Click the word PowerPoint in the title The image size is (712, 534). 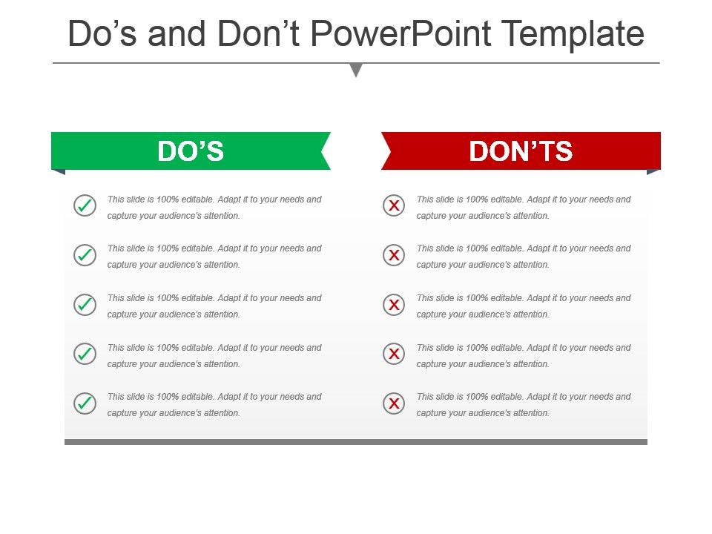point(400,33)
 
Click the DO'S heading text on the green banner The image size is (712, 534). point(191,151)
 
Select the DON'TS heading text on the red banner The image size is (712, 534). point(521,151)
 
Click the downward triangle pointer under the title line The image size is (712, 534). point(357,70)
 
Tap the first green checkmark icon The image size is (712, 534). point(85,205)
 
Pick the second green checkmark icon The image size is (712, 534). point(85,254)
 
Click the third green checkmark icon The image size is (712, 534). point(85,304)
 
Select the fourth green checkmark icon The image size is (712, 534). point(85,354)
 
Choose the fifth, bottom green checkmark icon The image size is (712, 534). point(85,403)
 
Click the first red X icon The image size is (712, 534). point(394,205)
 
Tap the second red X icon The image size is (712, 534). point(394,254)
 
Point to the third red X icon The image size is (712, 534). point(394,304)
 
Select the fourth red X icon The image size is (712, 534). point(394,354)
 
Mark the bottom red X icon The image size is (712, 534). point(394,403)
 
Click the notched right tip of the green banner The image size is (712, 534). point(322,151)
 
